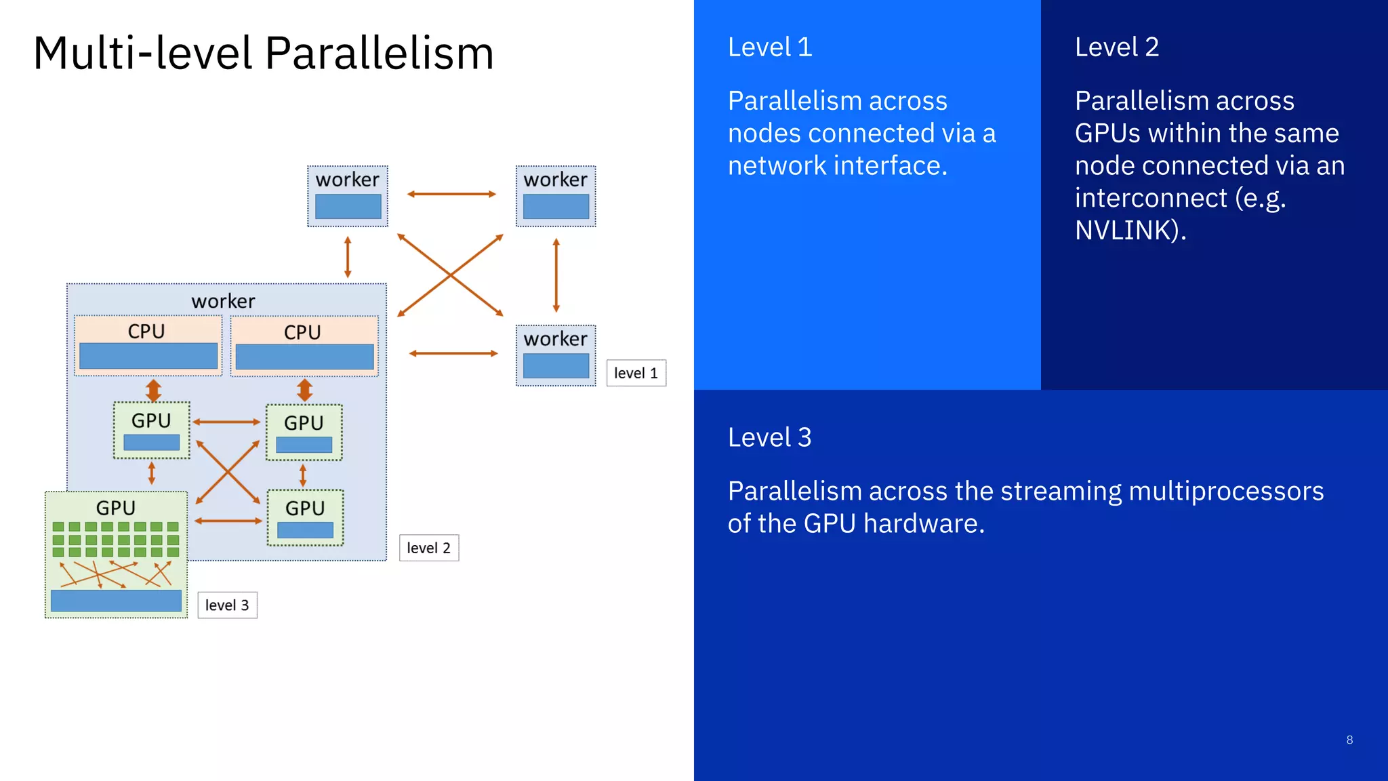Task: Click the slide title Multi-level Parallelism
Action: tap(263, 54)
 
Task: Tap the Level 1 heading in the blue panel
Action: tap(769, 47)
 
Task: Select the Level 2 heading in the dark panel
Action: tap(1116, 47)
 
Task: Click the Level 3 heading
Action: tap(769, 438)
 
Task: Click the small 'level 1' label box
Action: tap(636, 373)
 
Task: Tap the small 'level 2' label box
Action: tap(428, 548)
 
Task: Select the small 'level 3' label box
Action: tap(227, 605)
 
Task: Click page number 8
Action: tap(1349, 740)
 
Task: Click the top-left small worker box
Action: tap(348, 196)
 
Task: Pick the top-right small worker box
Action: tap(556, 196)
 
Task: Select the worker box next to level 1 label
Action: tap(556, 355)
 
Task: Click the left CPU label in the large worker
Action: tap(146, 331)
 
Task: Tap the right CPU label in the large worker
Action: tap(302, 332)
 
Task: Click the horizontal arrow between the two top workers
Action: tap(451, 194)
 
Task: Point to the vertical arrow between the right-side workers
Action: tap(556, 275)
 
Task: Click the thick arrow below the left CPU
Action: tap(154, 390)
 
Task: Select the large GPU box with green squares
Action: tap(116, 555)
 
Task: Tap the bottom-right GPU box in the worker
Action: tap(305, 517)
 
